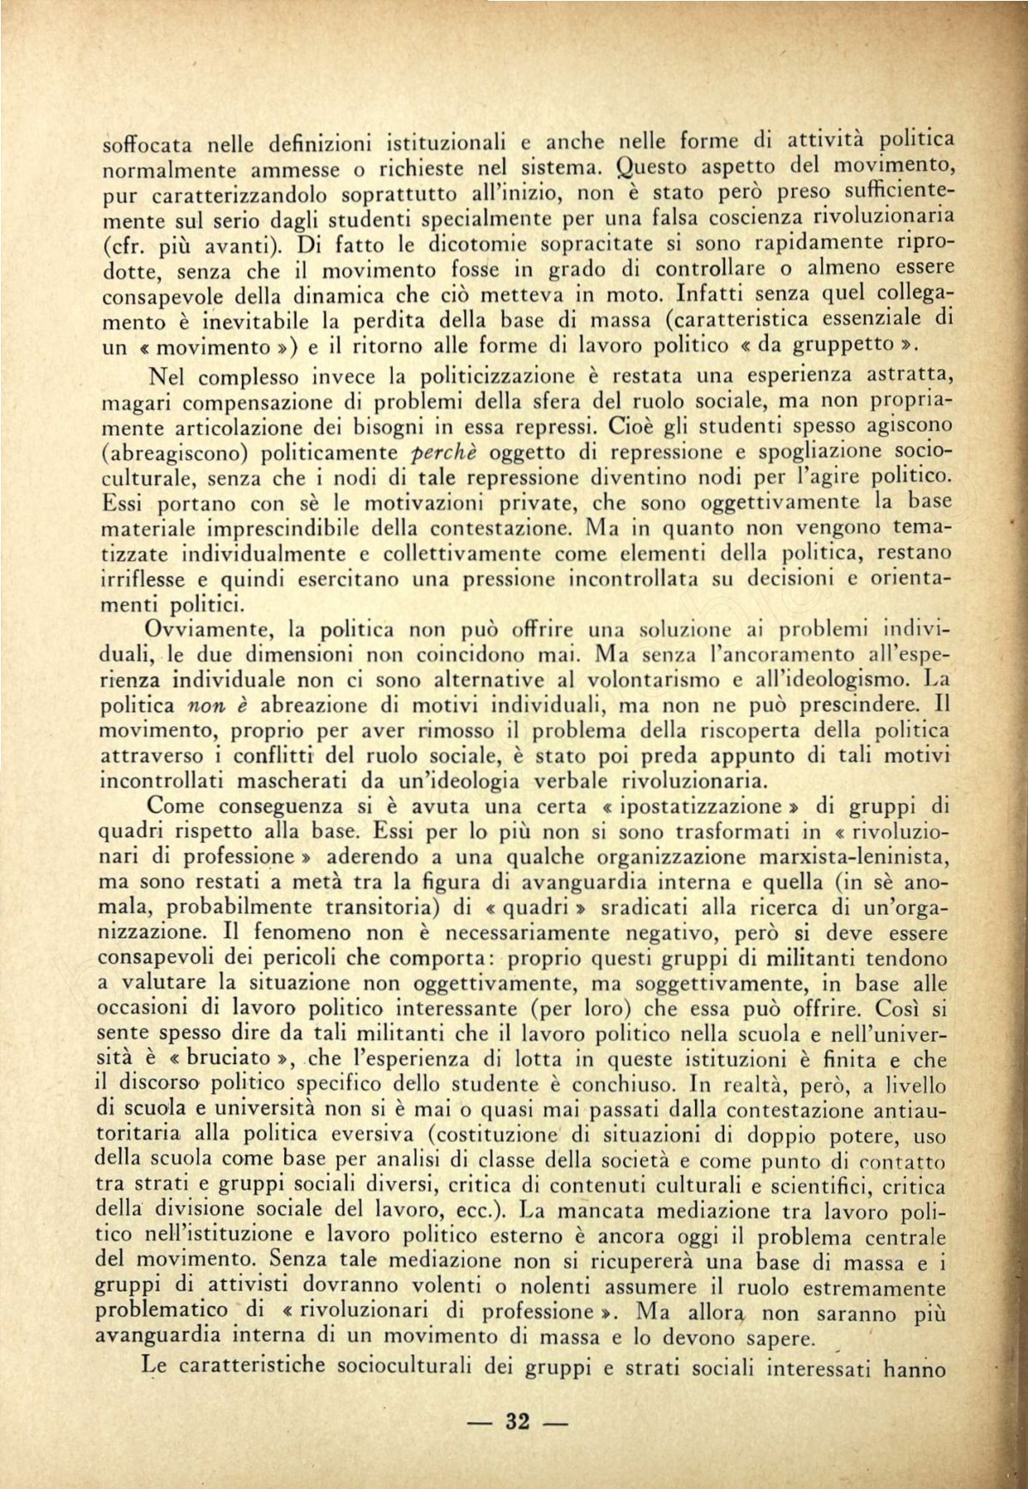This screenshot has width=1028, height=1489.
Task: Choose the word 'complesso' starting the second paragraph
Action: pyautogui.click(x=251, y=376)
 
